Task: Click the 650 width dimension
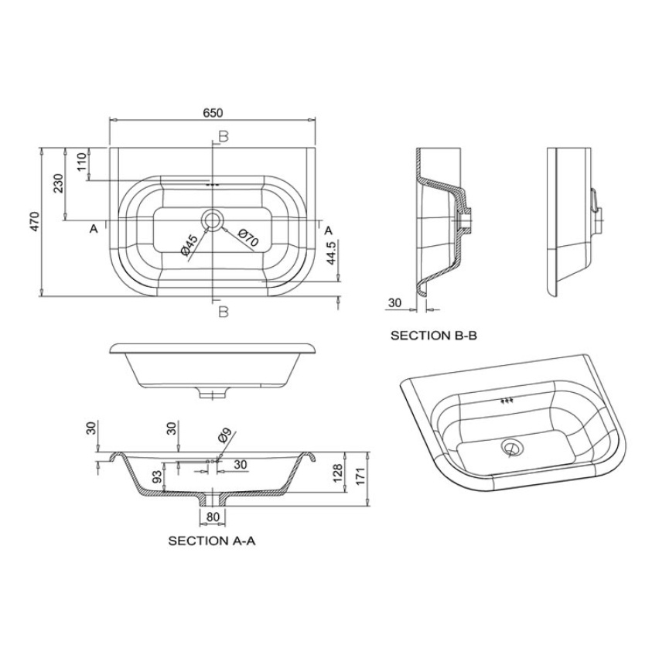point(212,113)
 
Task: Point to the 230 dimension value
point(58,183)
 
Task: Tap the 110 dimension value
point(81,162)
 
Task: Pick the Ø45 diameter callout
point(189,245)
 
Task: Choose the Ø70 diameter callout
point(247,239)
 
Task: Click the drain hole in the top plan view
point(212,220)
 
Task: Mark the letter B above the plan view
point(223,137)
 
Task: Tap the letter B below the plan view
point(223,312)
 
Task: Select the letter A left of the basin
point(94,229)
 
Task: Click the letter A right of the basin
point(328,230)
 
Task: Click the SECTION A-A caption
point(211,541)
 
